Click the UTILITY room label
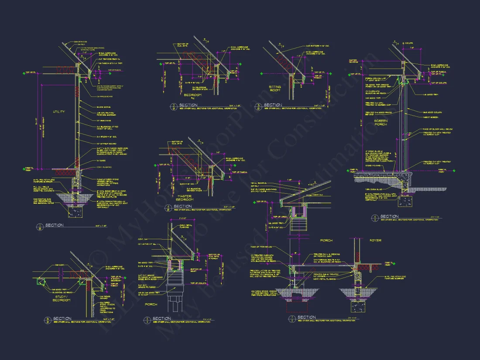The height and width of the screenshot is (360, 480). pos(59,112)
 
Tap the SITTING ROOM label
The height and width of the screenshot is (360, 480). pos(275,89)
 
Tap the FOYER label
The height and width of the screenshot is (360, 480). pos(375,240)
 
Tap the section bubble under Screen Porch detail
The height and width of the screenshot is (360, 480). pos(375,217)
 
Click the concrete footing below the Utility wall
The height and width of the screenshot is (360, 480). pos(77,212)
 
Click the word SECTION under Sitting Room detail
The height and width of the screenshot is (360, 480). pos(274,105)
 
